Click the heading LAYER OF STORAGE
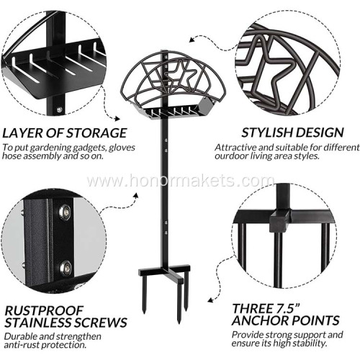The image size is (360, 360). [x=64, y=132]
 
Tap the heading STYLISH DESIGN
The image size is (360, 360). [x=291, y=132]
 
